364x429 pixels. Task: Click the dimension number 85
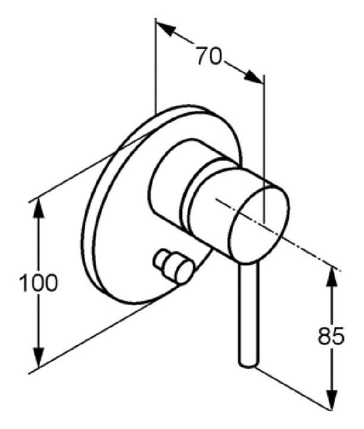pos(331,337)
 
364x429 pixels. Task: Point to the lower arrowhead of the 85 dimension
pos(331,400)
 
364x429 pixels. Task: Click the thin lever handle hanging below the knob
pos(248,310)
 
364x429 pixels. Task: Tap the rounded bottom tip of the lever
pos(248,362)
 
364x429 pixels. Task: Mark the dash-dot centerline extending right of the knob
pos(309,251)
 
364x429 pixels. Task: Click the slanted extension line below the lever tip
pos(291,387)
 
